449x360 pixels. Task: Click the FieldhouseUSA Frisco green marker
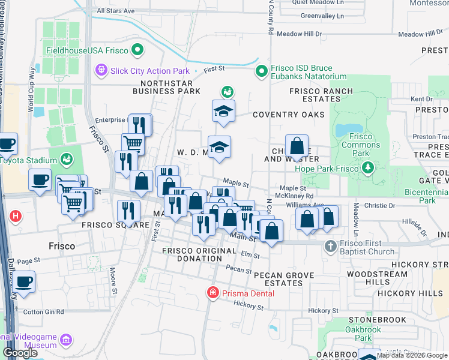coord(139,50)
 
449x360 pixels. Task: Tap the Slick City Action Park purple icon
coord(101,71)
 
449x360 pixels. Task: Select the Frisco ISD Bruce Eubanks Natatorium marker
coord(261,72)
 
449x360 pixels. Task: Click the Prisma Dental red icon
coord(211,293)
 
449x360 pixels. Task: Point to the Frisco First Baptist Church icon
coord(330,246)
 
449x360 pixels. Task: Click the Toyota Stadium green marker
coord(66,160)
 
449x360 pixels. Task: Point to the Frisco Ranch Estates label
coord(321,95)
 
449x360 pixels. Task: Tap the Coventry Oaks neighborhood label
coord(288,115)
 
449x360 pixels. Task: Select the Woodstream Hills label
coord(370,278)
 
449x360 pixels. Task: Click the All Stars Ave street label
coord(115,11)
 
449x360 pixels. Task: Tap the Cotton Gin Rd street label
coord(43,312)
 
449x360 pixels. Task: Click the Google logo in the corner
coord(20,353)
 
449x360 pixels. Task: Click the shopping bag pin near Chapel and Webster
coord(297,146)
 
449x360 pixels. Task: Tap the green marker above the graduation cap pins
coord(227,92)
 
